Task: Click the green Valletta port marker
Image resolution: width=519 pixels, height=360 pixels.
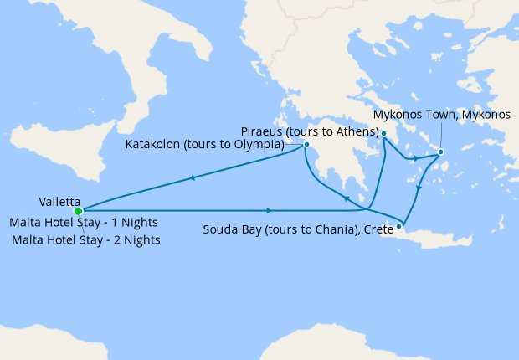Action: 79,211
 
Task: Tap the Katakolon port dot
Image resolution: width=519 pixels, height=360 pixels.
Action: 307,145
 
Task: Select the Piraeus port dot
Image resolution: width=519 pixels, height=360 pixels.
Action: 383,134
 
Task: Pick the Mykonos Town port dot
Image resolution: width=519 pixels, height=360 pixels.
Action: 441,152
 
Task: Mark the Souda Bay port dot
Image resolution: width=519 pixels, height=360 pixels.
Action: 399,225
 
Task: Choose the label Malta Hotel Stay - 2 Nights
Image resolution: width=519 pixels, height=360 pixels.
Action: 86,239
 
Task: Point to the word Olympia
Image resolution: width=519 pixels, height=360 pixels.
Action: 272,144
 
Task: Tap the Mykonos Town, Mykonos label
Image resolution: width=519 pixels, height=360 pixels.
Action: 441,115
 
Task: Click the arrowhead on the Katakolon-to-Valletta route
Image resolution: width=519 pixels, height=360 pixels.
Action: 193,177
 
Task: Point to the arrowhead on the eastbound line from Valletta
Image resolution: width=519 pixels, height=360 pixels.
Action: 268,210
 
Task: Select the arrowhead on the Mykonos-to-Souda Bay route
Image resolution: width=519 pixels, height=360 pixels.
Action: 419,188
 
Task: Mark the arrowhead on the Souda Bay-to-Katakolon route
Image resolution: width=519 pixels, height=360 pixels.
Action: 346,199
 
